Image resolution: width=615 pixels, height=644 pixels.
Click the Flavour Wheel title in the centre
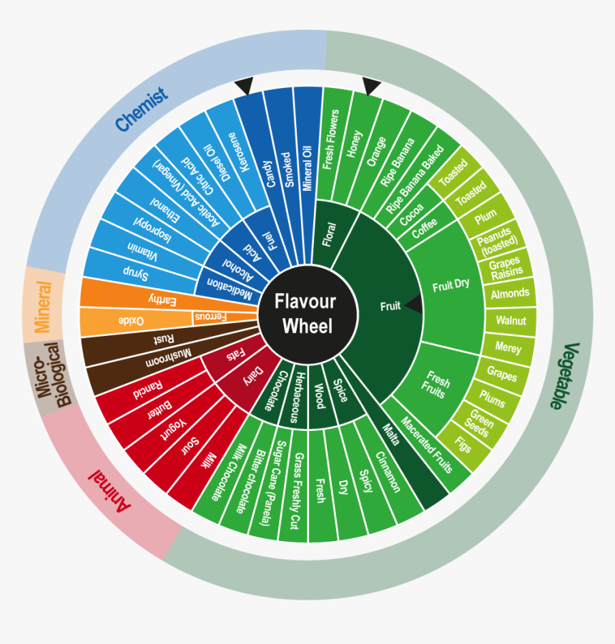[306, 314]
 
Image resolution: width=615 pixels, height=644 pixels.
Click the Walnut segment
[511, 320]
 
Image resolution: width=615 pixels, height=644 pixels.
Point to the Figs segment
[463, 445]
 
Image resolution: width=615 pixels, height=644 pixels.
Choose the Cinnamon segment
[388, 472]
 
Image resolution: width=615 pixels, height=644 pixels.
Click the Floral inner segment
[329, 234]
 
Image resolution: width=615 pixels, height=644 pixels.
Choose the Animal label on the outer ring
[109, 491]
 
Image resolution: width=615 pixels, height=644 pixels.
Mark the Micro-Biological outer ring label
[49, 376]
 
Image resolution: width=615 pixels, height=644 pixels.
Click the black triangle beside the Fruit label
[414, 304]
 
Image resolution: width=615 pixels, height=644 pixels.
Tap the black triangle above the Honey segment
[371, 86]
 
